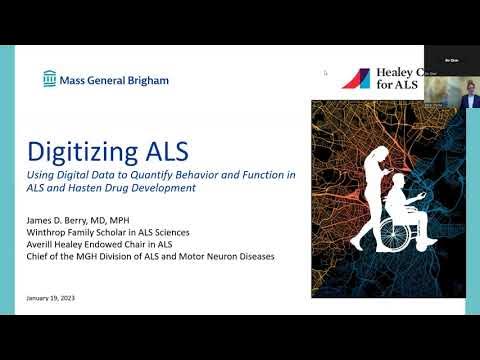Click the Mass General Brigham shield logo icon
[x=50, y=79]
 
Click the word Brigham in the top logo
[x=147, y=80]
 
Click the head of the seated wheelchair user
[x=398, y=181]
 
